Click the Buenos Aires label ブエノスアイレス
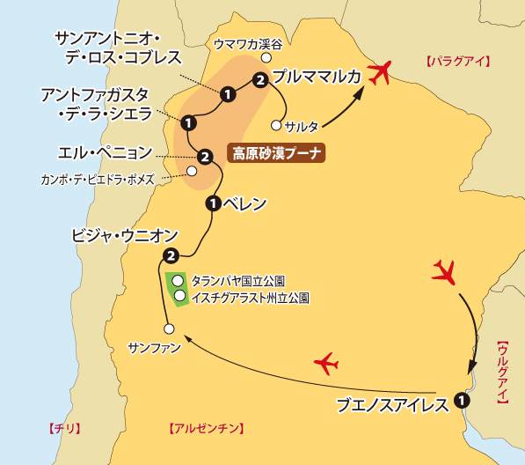coord(394,405)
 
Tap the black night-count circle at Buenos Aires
coord(463,399)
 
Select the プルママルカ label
coord(317,77)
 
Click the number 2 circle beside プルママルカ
coord(259,81)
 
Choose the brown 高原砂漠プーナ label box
coord(276,153)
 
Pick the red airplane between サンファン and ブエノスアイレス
coord(326,362)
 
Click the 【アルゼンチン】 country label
coord(205,429)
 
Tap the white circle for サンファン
coord(170,329)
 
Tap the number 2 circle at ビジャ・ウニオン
coord(171,256)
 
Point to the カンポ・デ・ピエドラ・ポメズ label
coord(98,180)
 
